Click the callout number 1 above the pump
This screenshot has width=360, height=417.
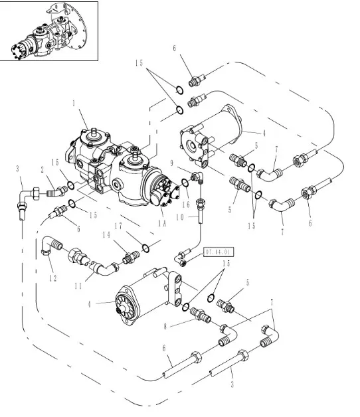click(x=74, y=103)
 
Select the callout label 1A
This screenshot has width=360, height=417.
click(x=162, y=223)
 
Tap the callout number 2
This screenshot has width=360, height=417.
click(x=43, y=170)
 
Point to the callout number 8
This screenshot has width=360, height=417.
click(x=165, y=326)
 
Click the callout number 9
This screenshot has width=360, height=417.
click(x=171, y=163)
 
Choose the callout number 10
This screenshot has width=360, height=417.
click(x=180, y=217)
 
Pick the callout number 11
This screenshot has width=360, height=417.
click(x=78, y=286)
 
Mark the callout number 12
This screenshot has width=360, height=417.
click(x=53, y=278)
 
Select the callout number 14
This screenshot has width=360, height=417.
click(x=106, y=235)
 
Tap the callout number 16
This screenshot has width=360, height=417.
click(x=186, y=205)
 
